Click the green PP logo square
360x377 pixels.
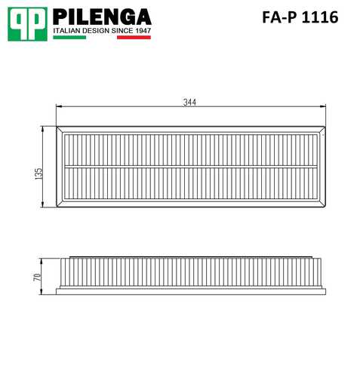pos(27,24)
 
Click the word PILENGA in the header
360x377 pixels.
pos(102,17)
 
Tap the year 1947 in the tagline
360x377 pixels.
pos(143,31)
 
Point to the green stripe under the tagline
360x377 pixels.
pos(69,37)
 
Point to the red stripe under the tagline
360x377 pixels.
pos(134,37)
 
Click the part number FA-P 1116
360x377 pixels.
pos(300,17)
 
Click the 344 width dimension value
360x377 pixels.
pos(189,103)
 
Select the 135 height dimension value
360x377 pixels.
pos(39,173)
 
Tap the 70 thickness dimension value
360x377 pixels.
pos(38,277)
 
